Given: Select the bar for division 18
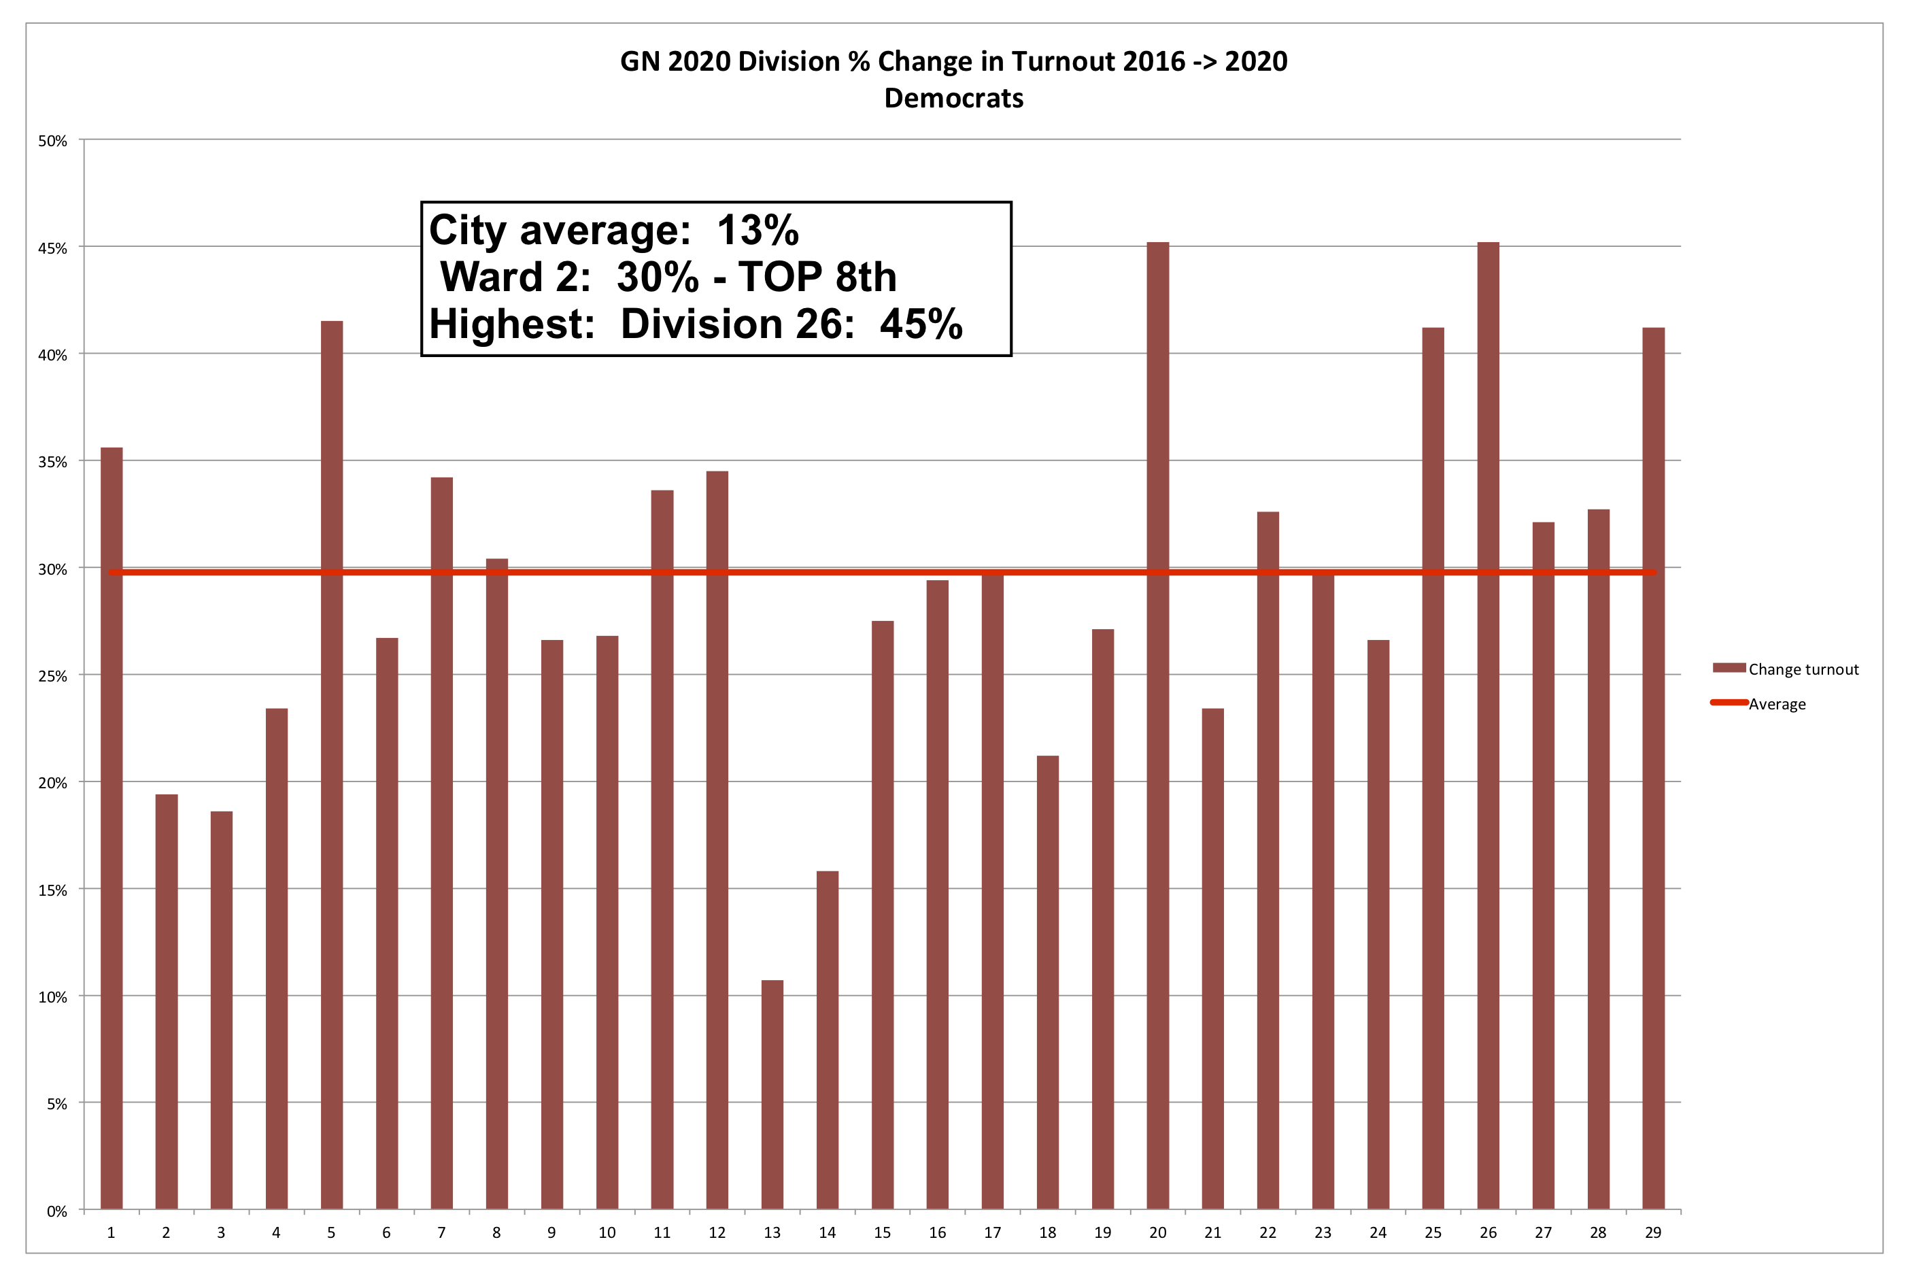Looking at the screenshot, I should click(x=1047, y=982).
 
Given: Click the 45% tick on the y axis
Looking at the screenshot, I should click(x=53, y=248).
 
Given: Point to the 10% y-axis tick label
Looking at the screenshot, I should click(x=53, y=997).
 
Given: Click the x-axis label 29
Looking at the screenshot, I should click(x=1652, y=1232).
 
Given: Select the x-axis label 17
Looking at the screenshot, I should click(x=993, y=1232).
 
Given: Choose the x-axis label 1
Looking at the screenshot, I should click(x=112, y=1232).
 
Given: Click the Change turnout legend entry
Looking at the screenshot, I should click(x=1803, y=669).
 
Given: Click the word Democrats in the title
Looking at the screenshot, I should click(x=953, y=98).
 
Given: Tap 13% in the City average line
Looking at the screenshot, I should click(x=757, y=231).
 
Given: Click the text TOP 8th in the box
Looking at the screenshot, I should click(x=817, y=277).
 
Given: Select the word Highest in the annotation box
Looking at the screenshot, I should click(x=512, y=324).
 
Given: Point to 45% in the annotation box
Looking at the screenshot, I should click(x=921, y=324).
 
